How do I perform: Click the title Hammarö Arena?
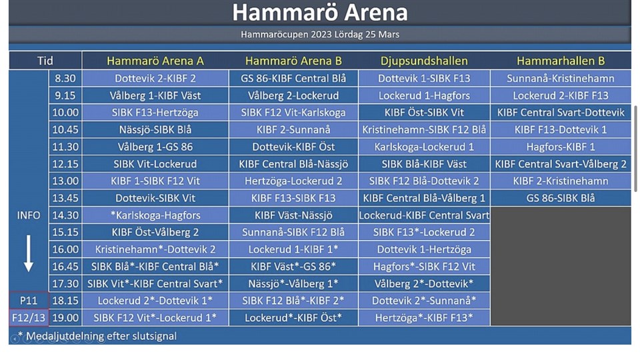(x=320, y=12)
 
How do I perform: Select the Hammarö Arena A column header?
(x=155, y=61)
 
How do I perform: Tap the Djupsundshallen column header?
(x=424, y=61)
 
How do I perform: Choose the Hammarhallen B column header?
(x=561, y=61)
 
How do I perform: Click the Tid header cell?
(x=45, y=61)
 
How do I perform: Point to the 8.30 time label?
(x=65, y=79)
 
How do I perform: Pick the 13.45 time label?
(x=65, y=198)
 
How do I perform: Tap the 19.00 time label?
(x=65, y=317)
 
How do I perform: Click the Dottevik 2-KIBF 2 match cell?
(x=155, y=79)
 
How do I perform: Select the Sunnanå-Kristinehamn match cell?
(x=561, y=79)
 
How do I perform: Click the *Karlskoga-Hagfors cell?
(x=155, y=215)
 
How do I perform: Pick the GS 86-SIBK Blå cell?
(x=561, y=198)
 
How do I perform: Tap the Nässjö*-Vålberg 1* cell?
(x=293, y=283)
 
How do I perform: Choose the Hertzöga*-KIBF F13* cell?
(x=424, y=317)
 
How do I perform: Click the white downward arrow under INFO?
(x=28, y=253)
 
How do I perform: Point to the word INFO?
(x=29, y=215)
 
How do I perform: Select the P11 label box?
(x=29, y=301)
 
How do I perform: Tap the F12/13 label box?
(x=29, y=317)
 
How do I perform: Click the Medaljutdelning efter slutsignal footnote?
(x=97, y=336)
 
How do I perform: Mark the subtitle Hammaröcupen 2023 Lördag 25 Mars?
(x=320, y=34)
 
